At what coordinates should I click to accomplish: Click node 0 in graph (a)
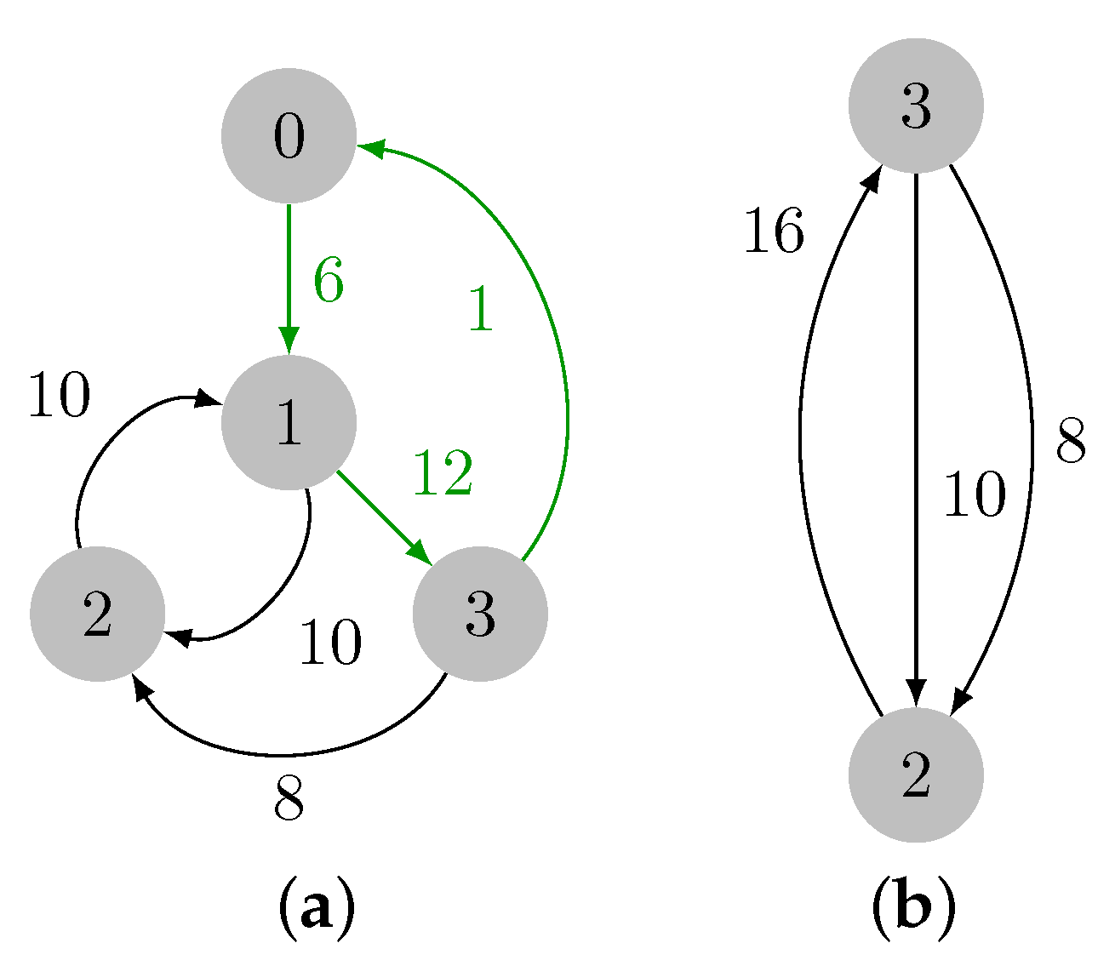point(289,136)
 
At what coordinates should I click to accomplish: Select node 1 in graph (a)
point(289,422)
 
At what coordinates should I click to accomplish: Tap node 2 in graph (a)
point(97,614)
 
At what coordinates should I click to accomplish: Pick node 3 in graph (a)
point(480,614)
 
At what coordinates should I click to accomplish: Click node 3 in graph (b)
point(916,106)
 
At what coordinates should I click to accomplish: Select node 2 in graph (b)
point(916,775)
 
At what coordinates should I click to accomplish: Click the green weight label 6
point(329,280)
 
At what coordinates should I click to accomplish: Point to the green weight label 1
point(481,309)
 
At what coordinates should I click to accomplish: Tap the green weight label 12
point(443,473)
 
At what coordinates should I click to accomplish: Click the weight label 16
point(773,231)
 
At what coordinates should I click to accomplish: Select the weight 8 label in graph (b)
point(1071,442)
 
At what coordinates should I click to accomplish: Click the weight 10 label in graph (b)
point(974,494)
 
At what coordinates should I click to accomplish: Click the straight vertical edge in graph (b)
point(916,426)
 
